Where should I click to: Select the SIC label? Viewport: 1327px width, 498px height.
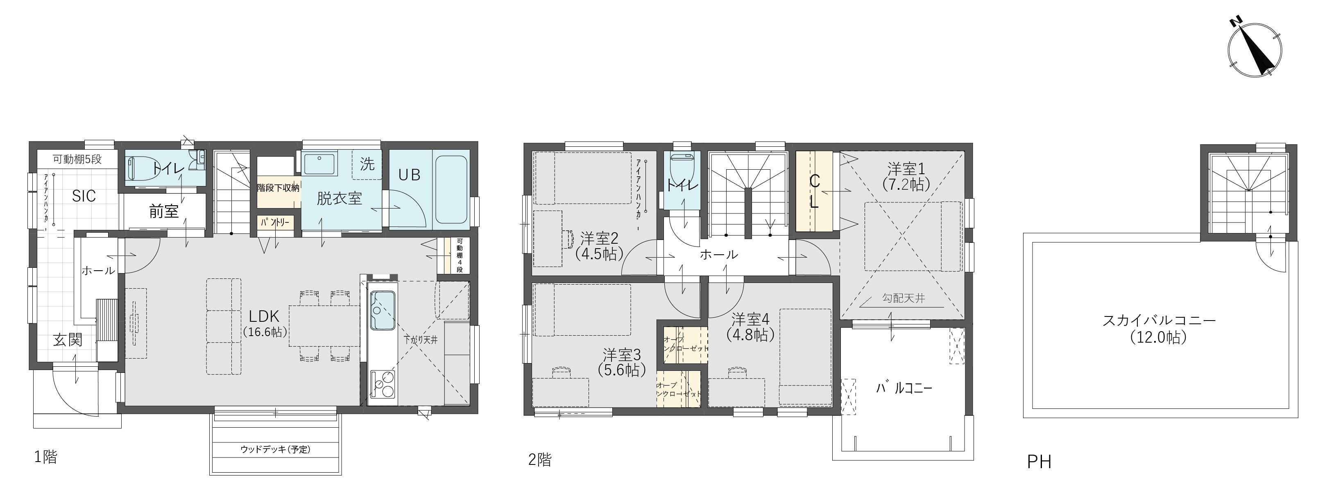pos(84,196)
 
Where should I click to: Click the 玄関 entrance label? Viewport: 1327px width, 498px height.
pos(68,340)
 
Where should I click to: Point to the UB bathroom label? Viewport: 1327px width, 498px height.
pos(410,175)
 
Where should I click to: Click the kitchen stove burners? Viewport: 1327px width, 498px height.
pos(382,384)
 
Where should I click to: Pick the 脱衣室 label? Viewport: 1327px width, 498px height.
pos(339,198)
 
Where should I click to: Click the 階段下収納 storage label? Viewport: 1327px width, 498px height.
pos(278,188)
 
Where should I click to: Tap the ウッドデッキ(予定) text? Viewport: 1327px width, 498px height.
pos(276,449)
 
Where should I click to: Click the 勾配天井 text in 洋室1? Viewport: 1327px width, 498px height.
pos(904,298)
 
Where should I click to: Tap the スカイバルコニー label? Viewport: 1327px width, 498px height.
pos(1159,329)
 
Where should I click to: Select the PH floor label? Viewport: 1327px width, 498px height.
pos(1039,462)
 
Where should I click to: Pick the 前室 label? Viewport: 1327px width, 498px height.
pos(164,211)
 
